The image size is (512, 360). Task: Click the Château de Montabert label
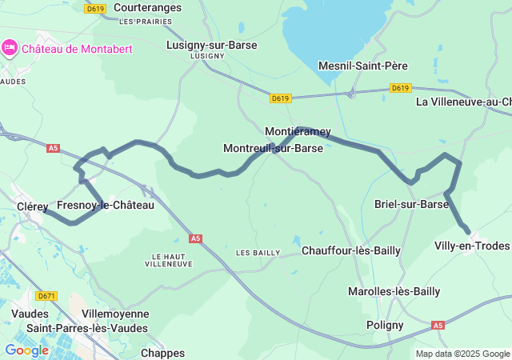[x=77, y=49]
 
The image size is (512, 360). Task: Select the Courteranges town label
[x=146, y=7]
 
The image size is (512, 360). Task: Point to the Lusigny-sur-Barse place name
[x=211, y=46]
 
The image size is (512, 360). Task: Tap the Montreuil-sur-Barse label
[x=273, y=149]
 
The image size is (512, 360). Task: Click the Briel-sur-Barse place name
[x=411, y=205]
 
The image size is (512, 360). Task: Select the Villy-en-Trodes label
[x=471, y=246]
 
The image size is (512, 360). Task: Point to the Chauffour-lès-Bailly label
[x=351, y=250]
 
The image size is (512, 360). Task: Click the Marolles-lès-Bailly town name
[x=394, y=291]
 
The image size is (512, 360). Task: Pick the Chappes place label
[x=162, y=353]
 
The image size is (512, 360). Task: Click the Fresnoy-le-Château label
[x=106, y=206]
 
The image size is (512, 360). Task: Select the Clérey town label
[x=33, y=206]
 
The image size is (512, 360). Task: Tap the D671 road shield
[x=47, y=295]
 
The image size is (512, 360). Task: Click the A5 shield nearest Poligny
[x=438, y=326]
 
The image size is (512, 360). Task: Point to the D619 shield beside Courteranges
[x=95, y=9]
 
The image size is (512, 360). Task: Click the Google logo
[x=26, y=350]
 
